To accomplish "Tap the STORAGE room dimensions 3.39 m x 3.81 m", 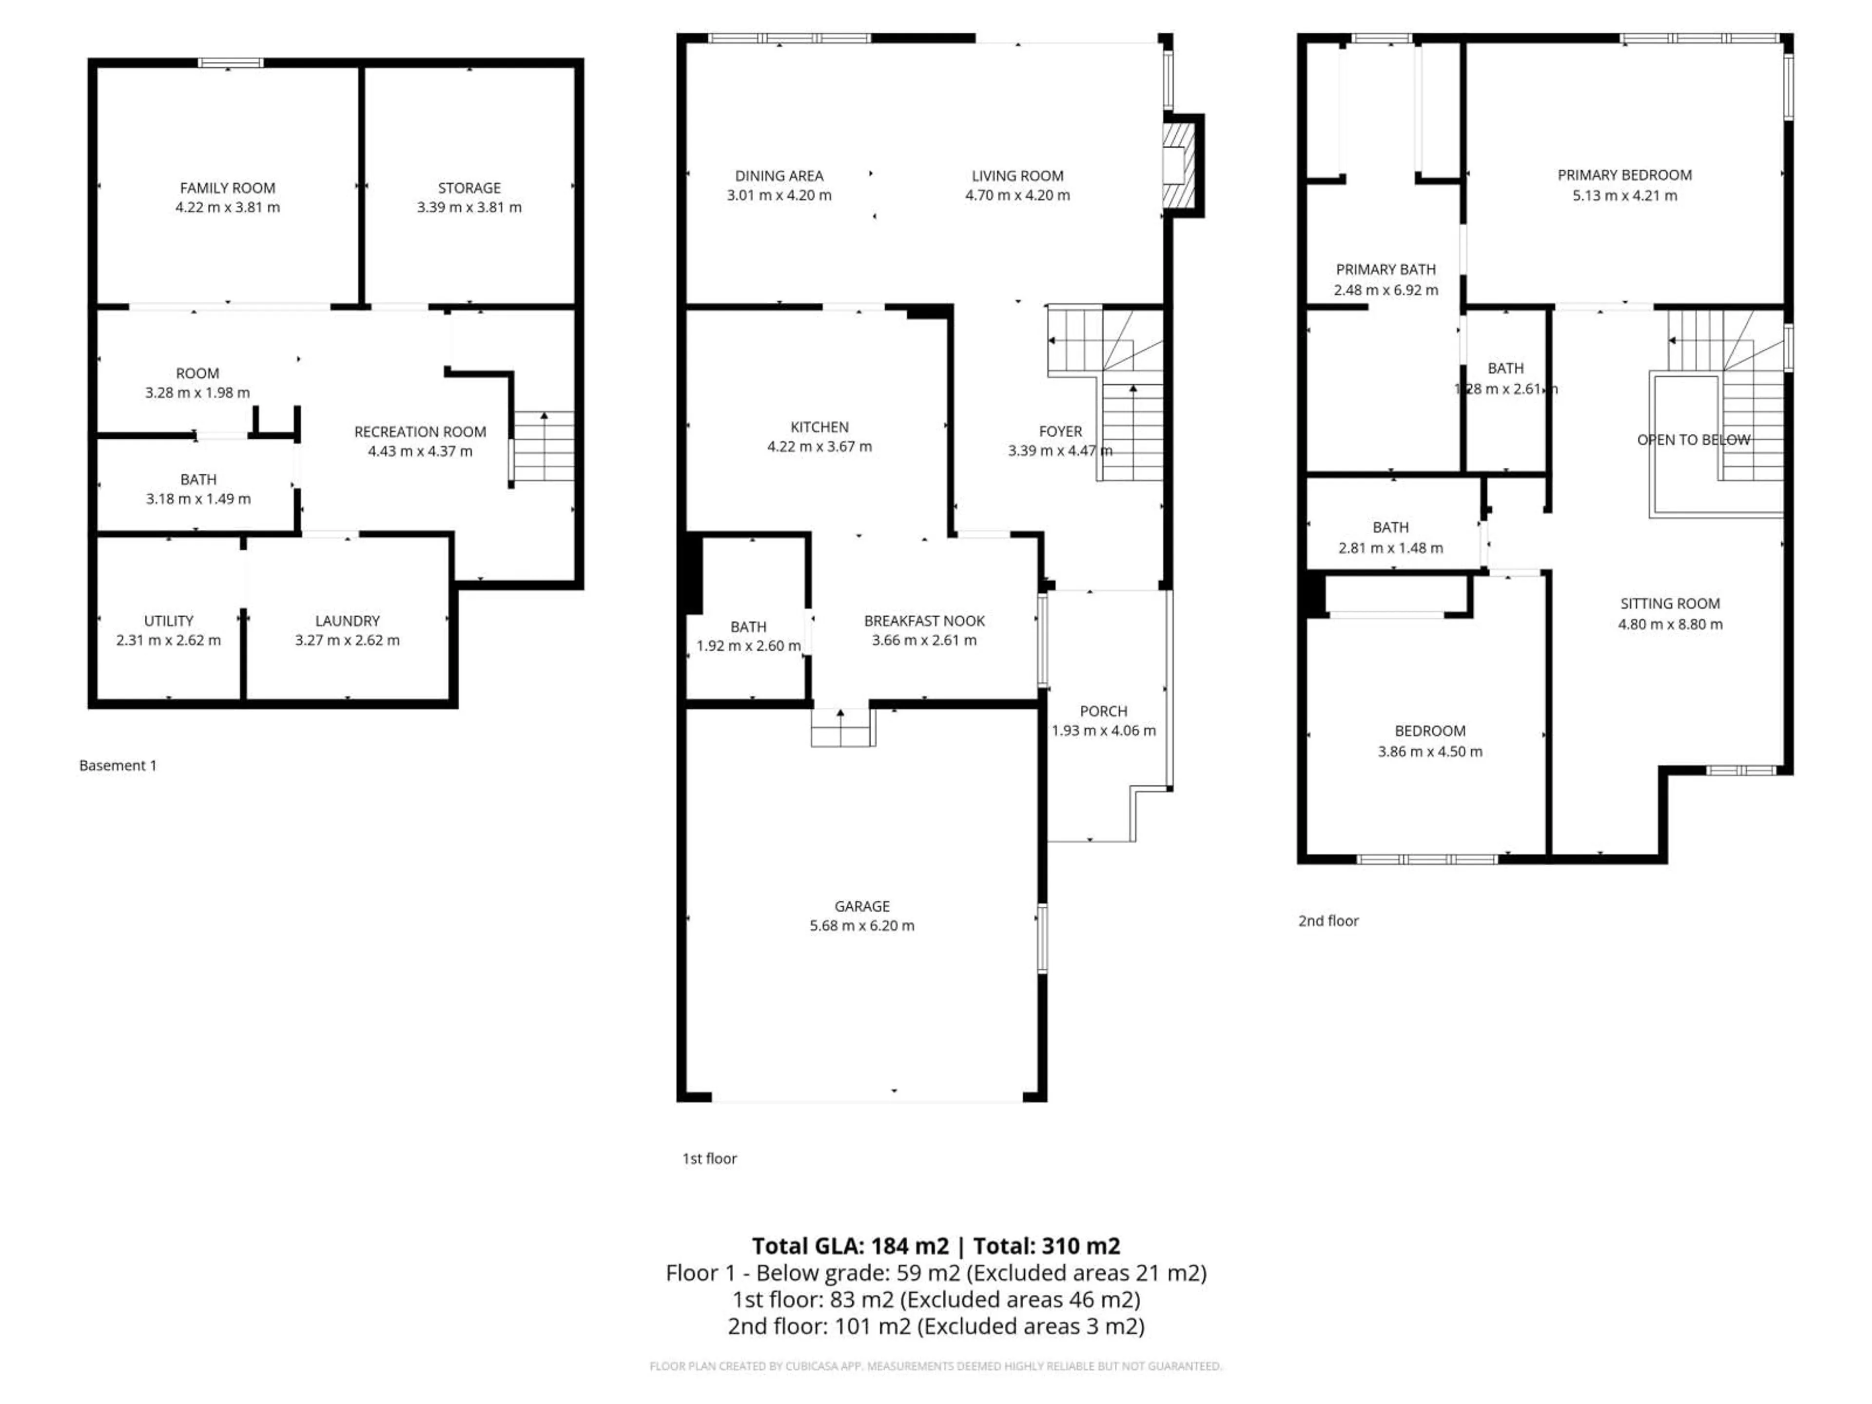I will point(469,207).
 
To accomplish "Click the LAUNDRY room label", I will point(347,620).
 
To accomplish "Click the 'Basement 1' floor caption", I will point(117,765).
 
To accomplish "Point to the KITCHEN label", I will point(819,428).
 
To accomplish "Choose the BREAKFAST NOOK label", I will point(924,620).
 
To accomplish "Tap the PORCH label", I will point(1104,711).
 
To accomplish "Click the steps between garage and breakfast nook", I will point(841,728).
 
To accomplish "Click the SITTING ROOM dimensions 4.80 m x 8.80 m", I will point(1670,624).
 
